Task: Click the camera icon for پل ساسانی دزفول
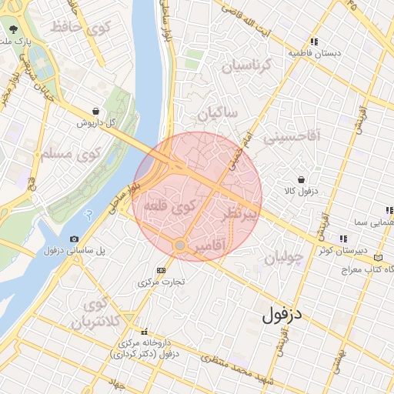click(x=74, y=239)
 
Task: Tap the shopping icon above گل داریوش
click(x=94, y=111)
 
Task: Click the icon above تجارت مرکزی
click(x=161, y=270)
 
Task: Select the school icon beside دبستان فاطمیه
click(x=314, y=42)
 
